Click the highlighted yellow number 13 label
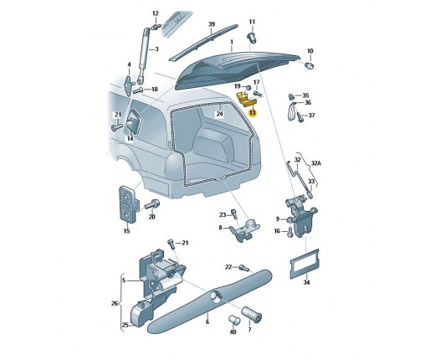point(253,113)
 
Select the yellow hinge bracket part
point(246,100)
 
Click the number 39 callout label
point(212,24)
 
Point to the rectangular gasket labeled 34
point(305,264)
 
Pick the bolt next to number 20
point(151,205)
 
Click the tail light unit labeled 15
point(128,204)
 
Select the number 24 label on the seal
point(220,114)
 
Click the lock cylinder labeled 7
point(251,315)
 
